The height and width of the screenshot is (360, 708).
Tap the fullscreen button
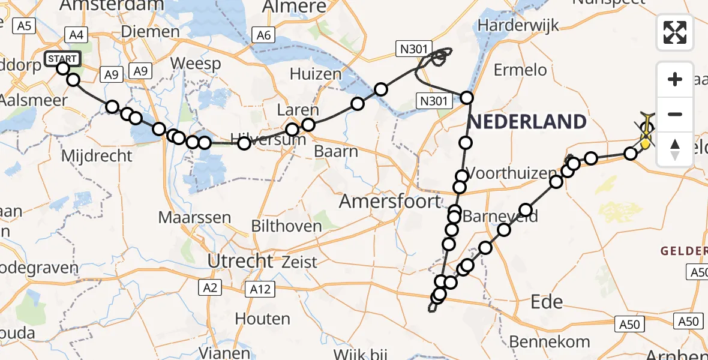pos(675,32)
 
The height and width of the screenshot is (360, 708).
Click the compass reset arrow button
pos(675,149)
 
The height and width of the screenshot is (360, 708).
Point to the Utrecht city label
pos(240,261)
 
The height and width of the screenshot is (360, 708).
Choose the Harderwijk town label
pos(519,26)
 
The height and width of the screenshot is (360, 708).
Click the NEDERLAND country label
pos(527,122)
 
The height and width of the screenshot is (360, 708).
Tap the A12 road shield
pos(259,290)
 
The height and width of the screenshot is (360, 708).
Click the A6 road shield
pos(263,35)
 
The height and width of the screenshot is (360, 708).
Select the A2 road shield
pos(209,288)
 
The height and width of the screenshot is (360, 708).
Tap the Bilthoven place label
pos(287,226)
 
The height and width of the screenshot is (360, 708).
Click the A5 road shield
pos(24,26)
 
